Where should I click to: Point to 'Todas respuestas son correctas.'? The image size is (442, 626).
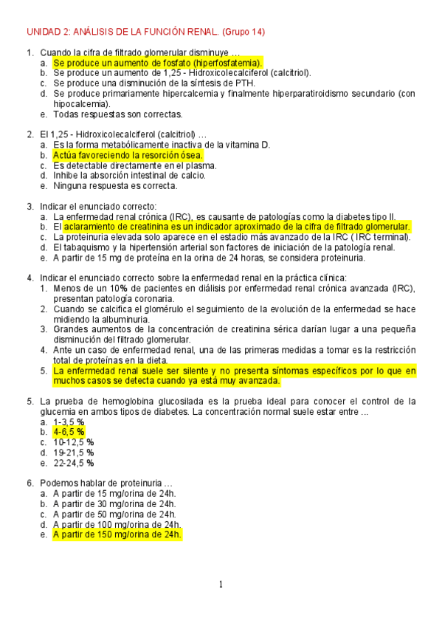117,114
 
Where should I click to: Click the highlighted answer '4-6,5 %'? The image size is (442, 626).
69,432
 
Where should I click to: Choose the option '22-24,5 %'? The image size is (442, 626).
74,463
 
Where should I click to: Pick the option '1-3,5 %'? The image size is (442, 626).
69,422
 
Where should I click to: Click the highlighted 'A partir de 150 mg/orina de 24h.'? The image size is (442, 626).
117,534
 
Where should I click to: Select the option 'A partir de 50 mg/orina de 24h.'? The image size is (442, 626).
114,514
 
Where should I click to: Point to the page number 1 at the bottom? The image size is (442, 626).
221,585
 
